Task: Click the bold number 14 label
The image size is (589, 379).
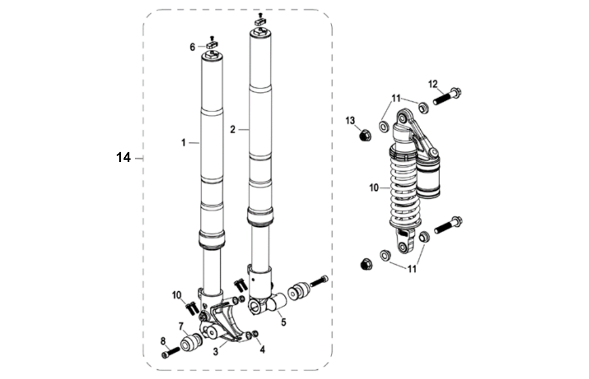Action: pyautogui.click(x=124, y=157)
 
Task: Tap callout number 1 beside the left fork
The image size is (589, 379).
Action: pyautogui.click(x=183, y=142)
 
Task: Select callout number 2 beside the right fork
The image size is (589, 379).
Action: pyautogui.click(x=233, y=130)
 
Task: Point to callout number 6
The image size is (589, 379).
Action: pyautogui.click(x=193, y=47)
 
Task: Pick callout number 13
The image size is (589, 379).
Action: pyautogui.click(x=351, y=120)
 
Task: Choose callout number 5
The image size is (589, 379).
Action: pyautogui.click(x=283, y=322)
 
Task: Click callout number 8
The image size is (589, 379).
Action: pyautogui.click(x=163, y=341)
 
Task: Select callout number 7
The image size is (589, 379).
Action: pyautogui.click(x=181, y=327)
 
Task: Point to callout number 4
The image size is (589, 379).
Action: pyautogui.click(x=262, y=348)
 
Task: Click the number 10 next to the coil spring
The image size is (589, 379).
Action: pyautogui.click(x=374, y=187)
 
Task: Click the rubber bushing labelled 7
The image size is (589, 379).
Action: pyautogui.click(x=190, y=344)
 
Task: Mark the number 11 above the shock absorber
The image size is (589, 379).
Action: pyautogui.click(x=396, y=98)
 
